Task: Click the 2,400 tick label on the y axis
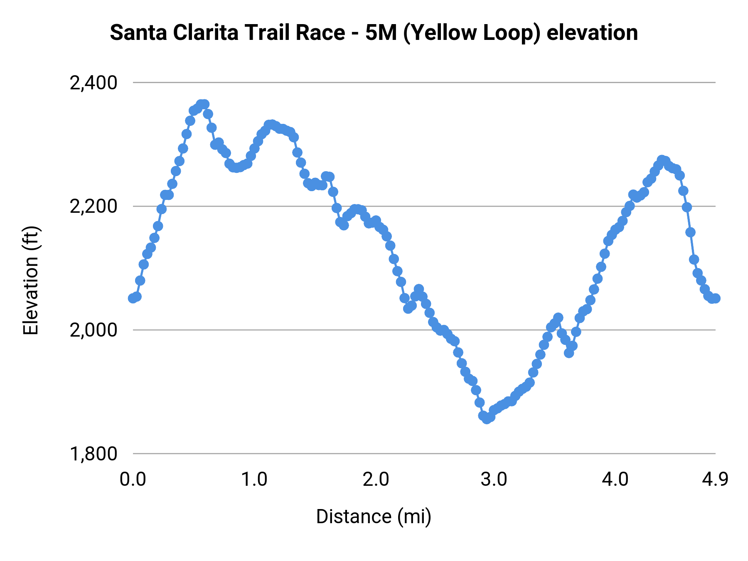tap(93, 83)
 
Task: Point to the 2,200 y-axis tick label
tap(93, 207)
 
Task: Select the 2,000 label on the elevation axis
tap(93, 330)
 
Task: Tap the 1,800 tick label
tap(93, 454)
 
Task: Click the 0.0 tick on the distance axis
tap(133, 480)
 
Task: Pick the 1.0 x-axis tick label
tap(254, 480)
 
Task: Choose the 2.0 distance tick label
tap(376, 480)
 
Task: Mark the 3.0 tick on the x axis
tap(494, 480)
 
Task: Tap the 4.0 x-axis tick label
tap(615, 480)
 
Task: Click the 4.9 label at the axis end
tap(715, 480)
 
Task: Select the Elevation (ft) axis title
tap(31, 280)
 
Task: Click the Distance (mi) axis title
tap(374, 517)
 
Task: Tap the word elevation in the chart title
tap(592, 33)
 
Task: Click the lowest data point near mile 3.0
tap(487, 418)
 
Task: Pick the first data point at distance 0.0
tap(133, 298)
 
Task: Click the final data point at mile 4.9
tap(715, 298)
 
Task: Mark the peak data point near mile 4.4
tap(662, 160)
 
